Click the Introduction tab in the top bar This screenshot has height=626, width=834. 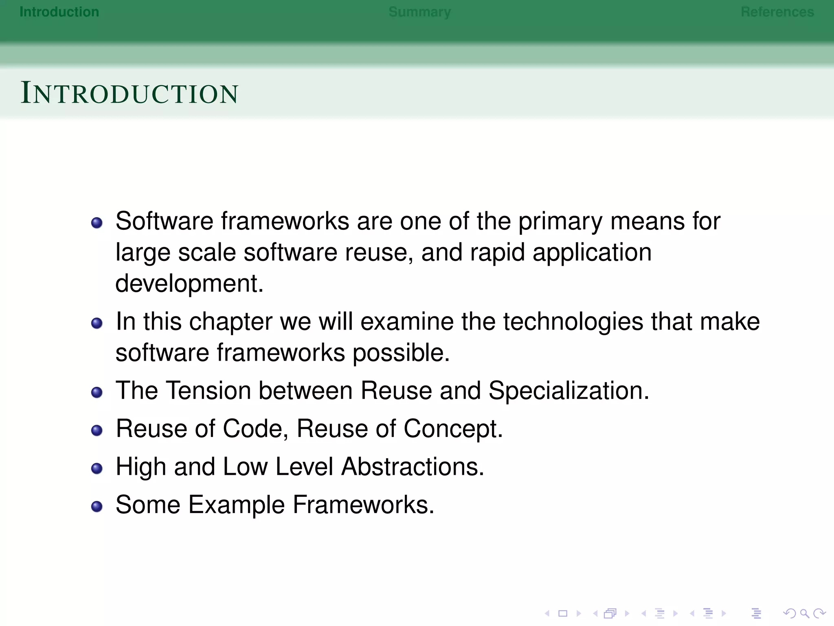point(59,12)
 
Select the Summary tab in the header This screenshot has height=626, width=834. point(419,12)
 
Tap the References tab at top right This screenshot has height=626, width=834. point(777,12)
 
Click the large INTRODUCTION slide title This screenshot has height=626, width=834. point(129,93)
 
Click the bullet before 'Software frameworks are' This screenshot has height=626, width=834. point(97,223)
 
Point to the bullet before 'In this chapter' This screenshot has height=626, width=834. point(97,323)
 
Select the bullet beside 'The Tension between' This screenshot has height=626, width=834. point(97,392)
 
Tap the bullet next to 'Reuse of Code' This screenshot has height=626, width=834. point(97,430)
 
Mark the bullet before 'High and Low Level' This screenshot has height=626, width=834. point(97,468)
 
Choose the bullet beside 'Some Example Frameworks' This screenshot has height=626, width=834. point(97,507)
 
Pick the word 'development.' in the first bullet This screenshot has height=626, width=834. point(189,284)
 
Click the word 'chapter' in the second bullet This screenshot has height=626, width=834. point(231,322)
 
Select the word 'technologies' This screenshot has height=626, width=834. point(573,322)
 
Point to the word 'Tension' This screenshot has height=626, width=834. point(209,390)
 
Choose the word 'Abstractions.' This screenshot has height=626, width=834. point(413,467)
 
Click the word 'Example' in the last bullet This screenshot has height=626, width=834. point(237,505)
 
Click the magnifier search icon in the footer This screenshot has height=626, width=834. point(804,613)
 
